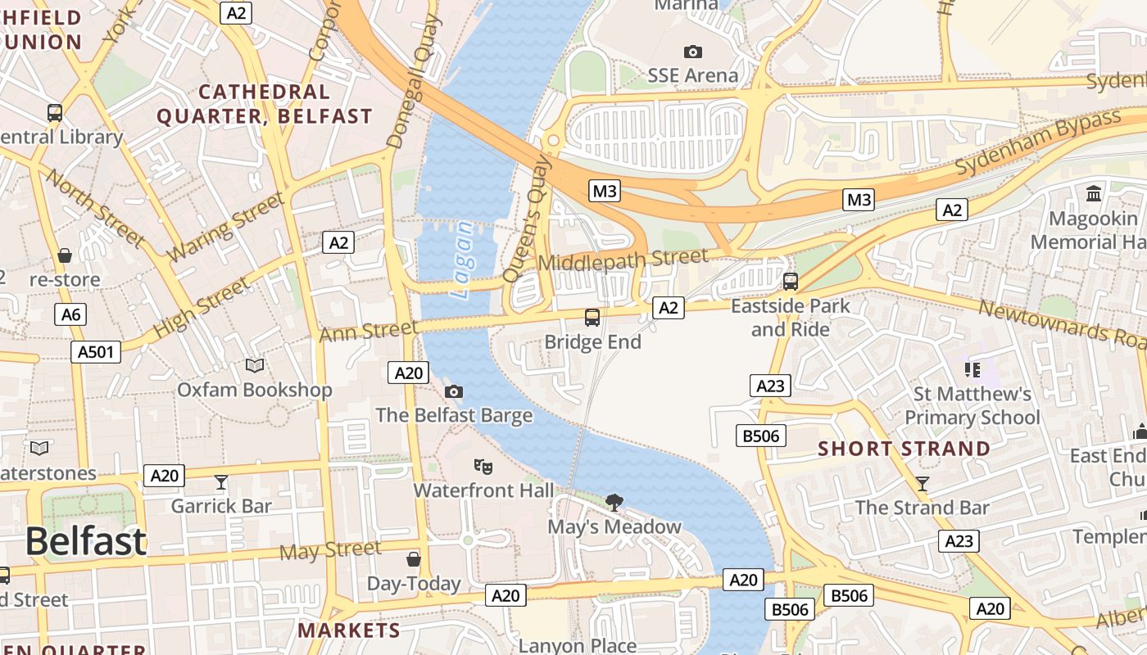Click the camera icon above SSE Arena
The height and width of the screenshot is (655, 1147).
tap(693, 52)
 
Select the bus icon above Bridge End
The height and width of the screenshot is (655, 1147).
tap(592, 318)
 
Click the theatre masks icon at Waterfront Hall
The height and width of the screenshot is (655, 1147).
tap(483, 467)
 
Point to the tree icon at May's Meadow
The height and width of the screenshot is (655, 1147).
tap(614, 502)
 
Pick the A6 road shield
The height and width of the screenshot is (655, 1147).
tap(71, 314)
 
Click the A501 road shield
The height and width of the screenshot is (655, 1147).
tap(96, 352)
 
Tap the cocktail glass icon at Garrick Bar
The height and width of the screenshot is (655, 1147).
tap(220, 481)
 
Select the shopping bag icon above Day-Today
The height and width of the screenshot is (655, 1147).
tap(414, 559)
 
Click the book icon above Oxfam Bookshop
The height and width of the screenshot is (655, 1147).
tap(255, 365)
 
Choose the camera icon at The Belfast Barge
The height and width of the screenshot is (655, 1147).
tap(454, 391)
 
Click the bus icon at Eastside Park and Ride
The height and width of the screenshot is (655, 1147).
tap(791, 282)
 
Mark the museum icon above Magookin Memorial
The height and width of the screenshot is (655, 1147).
tap(1094, 194)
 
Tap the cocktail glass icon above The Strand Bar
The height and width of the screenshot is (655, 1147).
tap(923, 483)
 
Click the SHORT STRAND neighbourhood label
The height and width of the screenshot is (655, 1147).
tap(904, 449)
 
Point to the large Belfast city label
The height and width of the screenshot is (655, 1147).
tap(85, 541)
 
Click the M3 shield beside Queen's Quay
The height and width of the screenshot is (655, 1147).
tap(604, 192)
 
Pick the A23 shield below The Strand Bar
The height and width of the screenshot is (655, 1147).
tap(959, 540)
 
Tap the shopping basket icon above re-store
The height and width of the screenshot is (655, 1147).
tap(65, 256)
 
